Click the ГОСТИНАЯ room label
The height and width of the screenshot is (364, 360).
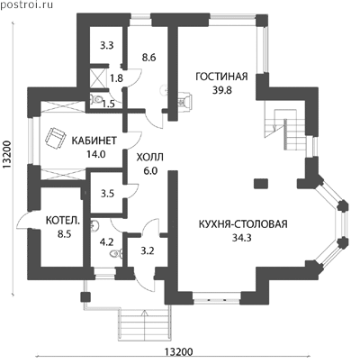pyautogui.click(x=221, y=77)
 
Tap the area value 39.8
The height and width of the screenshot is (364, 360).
pyautogui.click(x=222, y=90)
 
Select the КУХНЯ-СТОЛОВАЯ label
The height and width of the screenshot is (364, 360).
pyautogui.click(x=243, y=224)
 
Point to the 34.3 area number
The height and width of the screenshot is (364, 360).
pyautogui.click(x=241, y=238)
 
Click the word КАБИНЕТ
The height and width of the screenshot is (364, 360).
pyautogui.click(x=94, y=141)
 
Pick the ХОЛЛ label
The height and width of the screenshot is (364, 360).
pyautogui.click(x=150, y=157)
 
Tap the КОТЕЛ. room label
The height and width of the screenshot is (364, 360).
pyautogui.click(x=63, y=221)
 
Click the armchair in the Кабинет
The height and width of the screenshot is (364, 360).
pyautogui.click(x=55, y=137)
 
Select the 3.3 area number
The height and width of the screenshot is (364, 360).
pyautogui.click(x=106, y=46)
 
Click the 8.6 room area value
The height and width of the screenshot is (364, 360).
pyautogui.click(x=148, y=57)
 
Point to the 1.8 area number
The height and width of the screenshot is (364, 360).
pyautogui.click(x=116, y=78)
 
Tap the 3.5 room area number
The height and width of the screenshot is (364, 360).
pyautogui.click(x=107, y=194)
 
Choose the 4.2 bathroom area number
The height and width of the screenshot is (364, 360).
pyautogui.click(x=106, y=241)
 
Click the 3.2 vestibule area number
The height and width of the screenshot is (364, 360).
pyautogui.click(x=148, y=250)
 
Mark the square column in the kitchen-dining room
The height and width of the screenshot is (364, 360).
pyautogui.click(x=261, y=184)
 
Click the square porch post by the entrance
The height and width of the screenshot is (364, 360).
pyautogui.click(x=85, y=297)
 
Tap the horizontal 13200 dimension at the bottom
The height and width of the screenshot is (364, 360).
pyautogui.click(x=178, y=351)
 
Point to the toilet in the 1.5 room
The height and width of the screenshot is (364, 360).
pyautogui.click(x=95, y=99)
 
